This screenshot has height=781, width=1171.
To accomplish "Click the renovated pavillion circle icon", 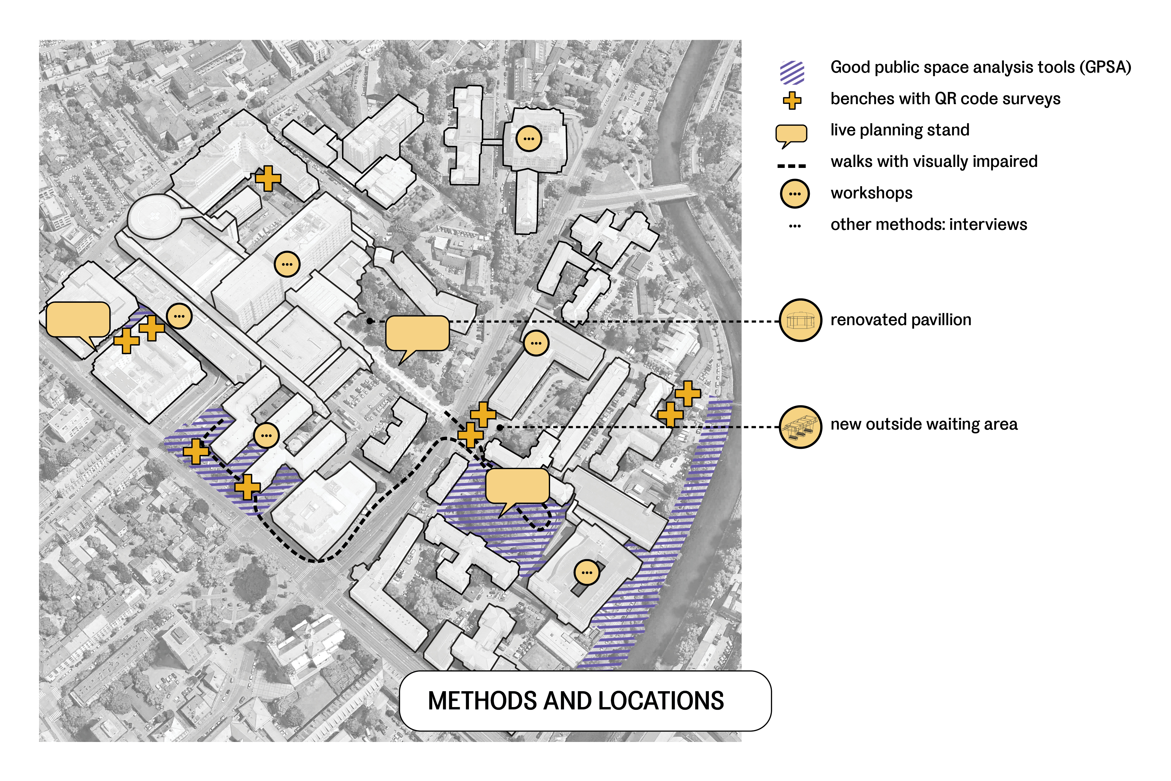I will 800,320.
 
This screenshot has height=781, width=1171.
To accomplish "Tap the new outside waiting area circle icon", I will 800,427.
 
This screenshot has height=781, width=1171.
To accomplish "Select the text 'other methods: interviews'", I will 928,225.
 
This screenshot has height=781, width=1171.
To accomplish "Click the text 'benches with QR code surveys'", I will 945,99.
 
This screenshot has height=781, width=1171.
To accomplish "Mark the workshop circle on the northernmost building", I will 529,139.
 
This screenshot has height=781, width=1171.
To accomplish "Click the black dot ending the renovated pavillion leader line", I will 370,321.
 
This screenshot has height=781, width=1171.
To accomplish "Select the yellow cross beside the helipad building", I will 268,178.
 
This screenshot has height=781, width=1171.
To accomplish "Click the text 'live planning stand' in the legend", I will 900,130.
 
